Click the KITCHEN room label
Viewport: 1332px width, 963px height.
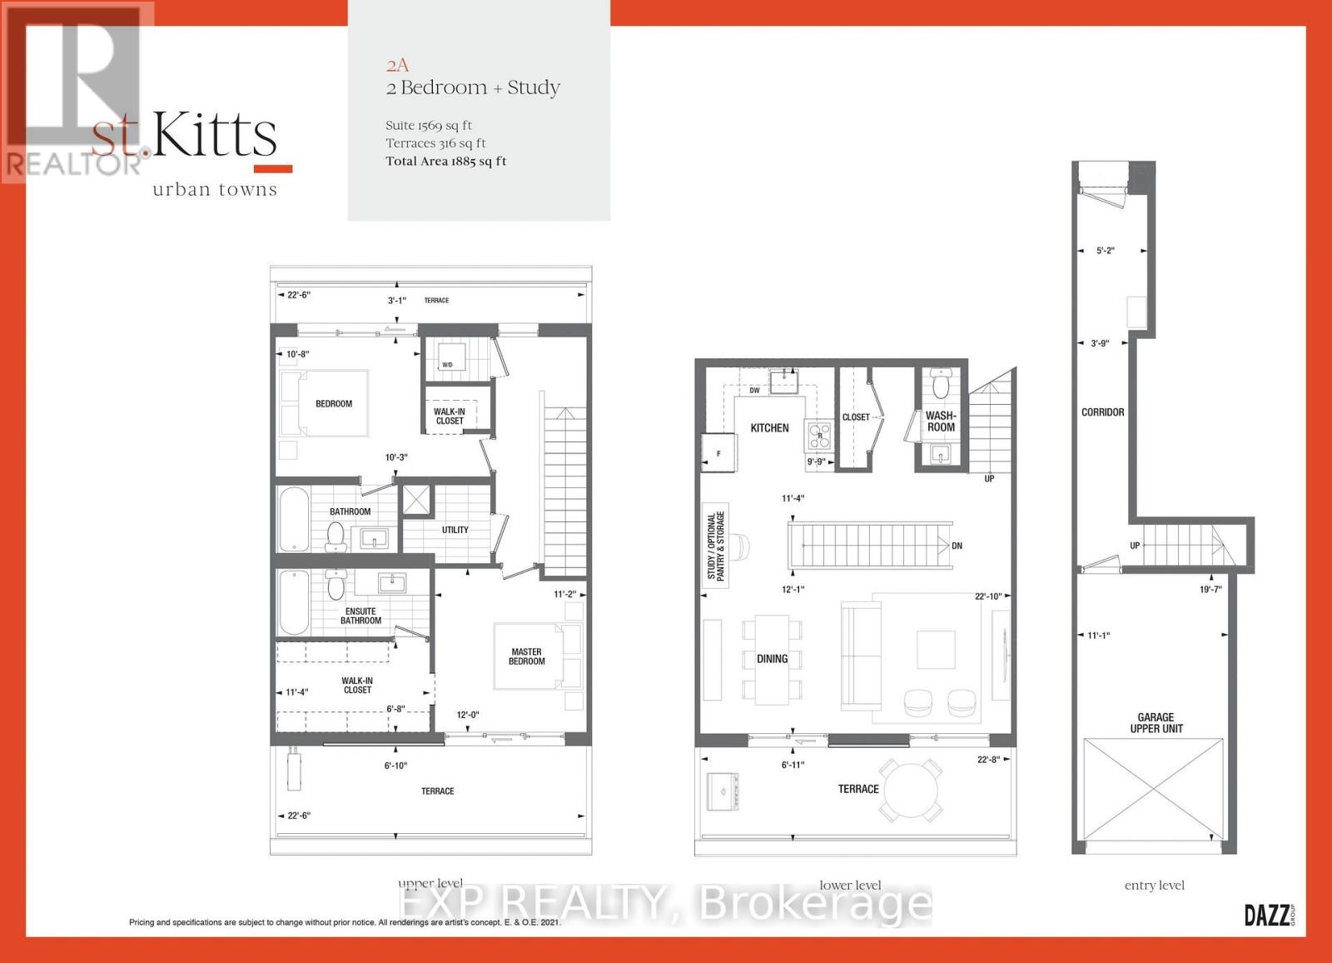pyautogui.click(x=769, y=428)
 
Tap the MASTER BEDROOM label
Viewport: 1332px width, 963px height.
pyautogui.click(x=527, y=656)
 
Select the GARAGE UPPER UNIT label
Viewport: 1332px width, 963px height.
pyautogui.click(x=1156, y=722)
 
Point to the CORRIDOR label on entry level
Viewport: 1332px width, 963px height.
pyautogui.click(x=1102, y=412)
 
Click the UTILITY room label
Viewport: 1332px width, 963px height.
pyautogui.click(x=455, y=530)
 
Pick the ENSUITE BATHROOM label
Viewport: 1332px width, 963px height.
pyautogui.click(x=360, y=616)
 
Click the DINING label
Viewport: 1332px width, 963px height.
pyautogui.click(x=772, y=659)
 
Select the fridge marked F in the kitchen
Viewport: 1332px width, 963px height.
pyautogui.click(x=718, y=453)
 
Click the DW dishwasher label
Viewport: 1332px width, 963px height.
pyautogui.click(x=754, y=390)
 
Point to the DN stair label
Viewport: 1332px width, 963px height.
pyautogui.click(x=957, y=546)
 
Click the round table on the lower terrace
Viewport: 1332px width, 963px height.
pyautogui.click(x=912, y=789)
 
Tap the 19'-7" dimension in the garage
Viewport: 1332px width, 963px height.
pyautogui.click(x=1210, y=589)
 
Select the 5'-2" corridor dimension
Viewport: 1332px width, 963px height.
pyautogui.click(x=1105, y=250)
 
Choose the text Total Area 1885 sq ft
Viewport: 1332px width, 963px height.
pyautogui.click(x=445, y=162)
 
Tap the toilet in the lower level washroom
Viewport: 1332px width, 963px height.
pyautogui.click(x=942, y=386)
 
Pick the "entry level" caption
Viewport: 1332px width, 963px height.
pyautogui.click(x=1154, y=886)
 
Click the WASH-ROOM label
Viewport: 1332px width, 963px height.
pyautogui.click(x=941, y=422)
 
